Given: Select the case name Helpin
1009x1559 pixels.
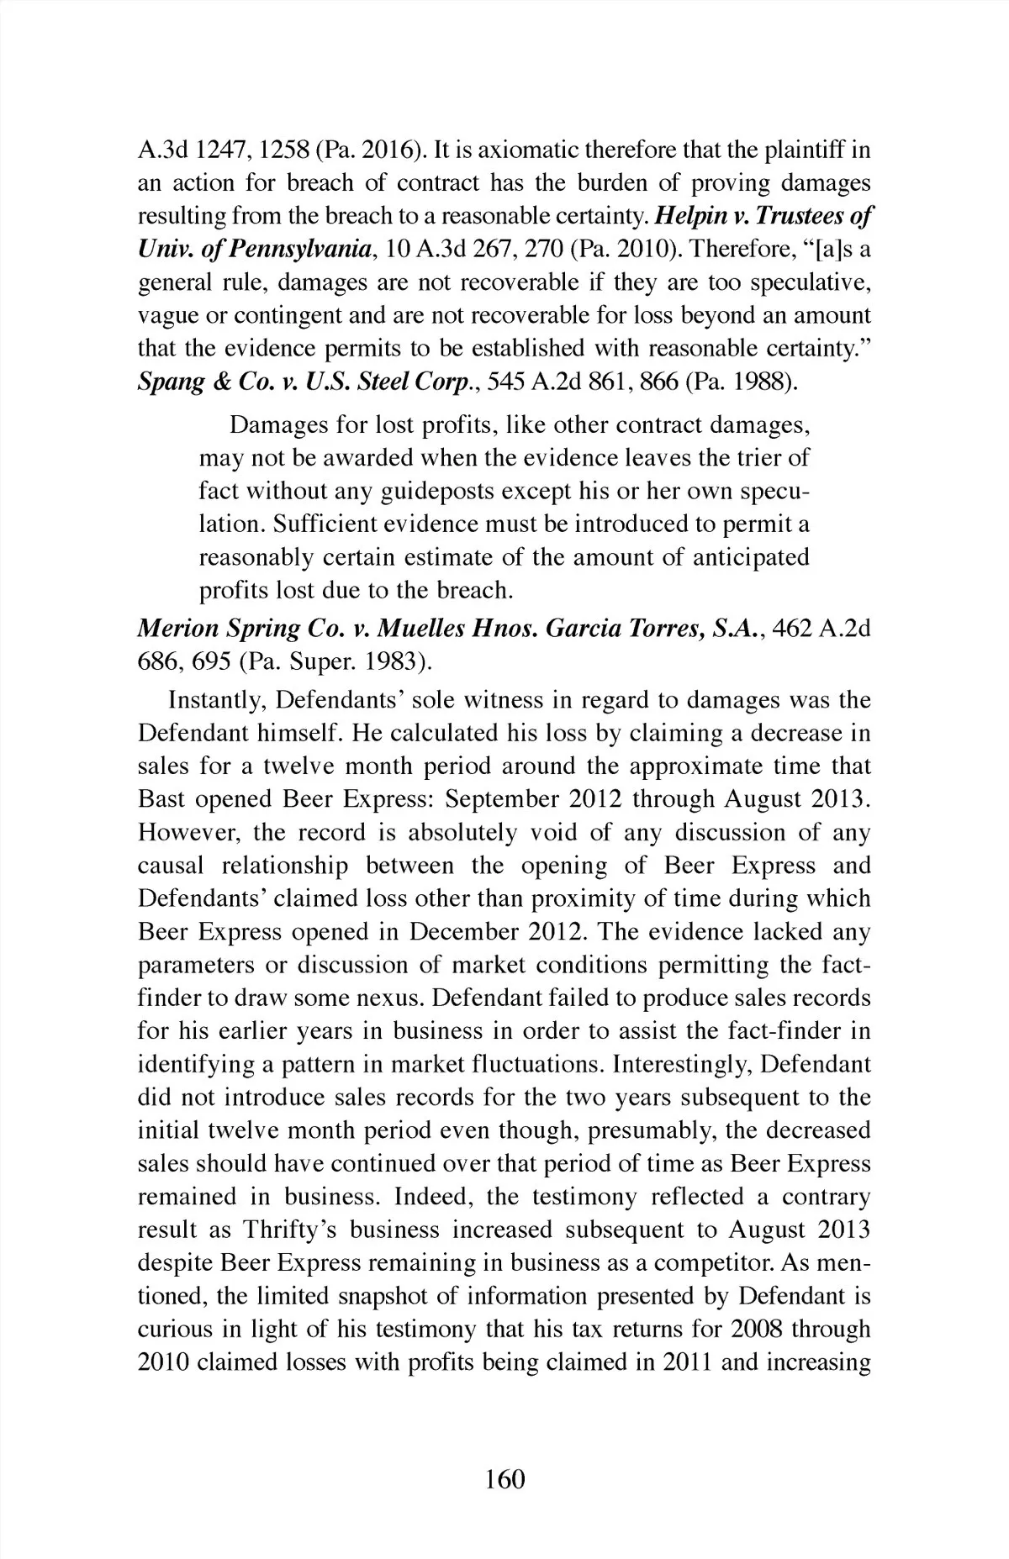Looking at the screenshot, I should (684, 216).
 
